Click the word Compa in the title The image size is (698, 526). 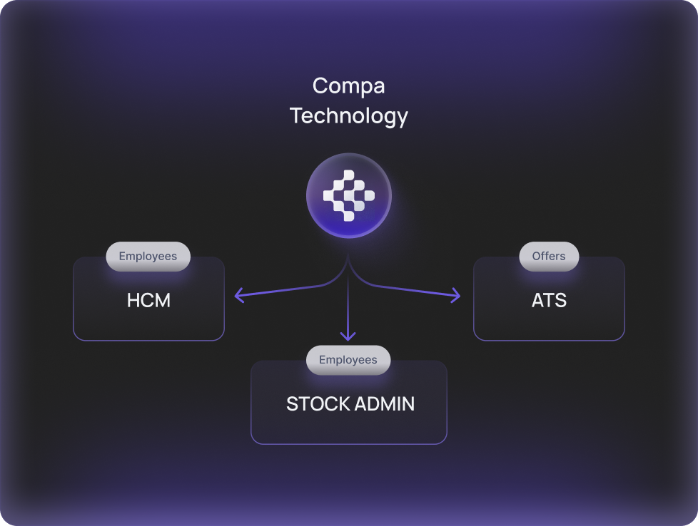click(348, 86)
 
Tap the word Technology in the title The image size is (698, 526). click(348, 115)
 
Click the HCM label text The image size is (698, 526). click(148, 300)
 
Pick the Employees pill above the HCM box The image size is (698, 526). click(148, 257)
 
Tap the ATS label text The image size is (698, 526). click(549, 300)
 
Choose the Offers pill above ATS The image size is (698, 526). click(549, 257)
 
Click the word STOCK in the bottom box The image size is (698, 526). click(315, 404)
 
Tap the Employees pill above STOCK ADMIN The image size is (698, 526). click(348, 360)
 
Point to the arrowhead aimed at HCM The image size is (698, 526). click(238, 295)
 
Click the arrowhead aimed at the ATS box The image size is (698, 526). click(457, 295)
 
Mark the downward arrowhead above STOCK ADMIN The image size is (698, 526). click(348, 336)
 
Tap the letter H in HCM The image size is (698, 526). click(133, 300)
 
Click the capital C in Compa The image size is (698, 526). click(320, 86)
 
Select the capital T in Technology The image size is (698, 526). click(296, 115)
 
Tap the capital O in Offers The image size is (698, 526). click(536, 257)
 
